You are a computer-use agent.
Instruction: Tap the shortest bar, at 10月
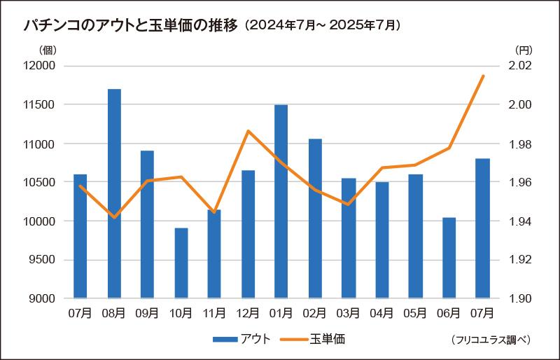[x=181, y=263]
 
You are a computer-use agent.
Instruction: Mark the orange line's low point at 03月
[x=348, y=205]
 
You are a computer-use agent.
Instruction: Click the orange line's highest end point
[x=483, y=76]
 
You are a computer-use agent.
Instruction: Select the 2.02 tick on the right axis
[x=520, y=66]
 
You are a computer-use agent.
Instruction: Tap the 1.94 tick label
[x=520, y=221]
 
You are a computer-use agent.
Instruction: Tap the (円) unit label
[x=523, y=50]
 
